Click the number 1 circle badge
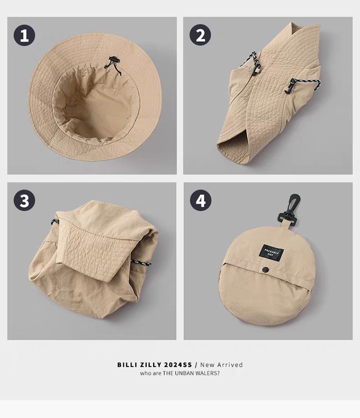tap(24, 35)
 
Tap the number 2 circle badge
tap(200, 35)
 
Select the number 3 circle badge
tap(24, 201)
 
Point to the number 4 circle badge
tap(201, 201)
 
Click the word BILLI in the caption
tap(126, 365)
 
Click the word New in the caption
tap(207, 365)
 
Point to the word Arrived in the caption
tap(230, 365)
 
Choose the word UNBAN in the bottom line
tap(184, 373)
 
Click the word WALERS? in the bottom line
tap(208, 373)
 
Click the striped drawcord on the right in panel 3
tap(141, 263)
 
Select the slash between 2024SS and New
tap(196, 365)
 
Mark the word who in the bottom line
tap(145, 373)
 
